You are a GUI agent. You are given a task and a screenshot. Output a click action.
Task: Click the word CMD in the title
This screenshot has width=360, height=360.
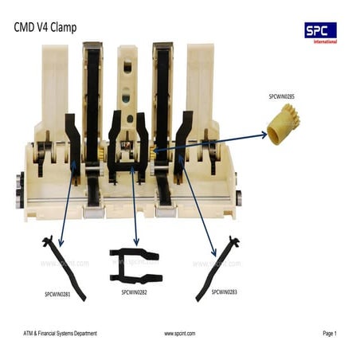click(x=25, y=28)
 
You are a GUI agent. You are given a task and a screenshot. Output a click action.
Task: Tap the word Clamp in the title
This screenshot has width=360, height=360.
click(x=63, y=28)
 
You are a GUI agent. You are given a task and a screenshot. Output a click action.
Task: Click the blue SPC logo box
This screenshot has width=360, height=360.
click(x=320, y=30)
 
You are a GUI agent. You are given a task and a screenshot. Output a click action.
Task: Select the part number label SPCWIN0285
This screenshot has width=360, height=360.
click(x=281, y=96)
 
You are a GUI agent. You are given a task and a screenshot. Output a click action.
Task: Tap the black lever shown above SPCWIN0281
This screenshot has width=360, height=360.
click(x=65, y=267)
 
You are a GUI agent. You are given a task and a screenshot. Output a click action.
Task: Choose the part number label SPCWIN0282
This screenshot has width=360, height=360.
click(x=137, y=292)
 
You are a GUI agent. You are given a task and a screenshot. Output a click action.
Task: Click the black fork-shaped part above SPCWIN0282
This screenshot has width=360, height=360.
click(x=135, y=265)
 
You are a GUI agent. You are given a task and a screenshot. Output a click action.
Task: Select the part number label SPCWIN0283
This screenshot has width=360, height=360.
click(x=224, y=292)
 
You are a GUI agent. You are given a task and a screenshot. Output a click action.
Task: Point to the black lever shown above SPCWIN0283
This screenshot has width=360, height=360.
click(x=219, y=267)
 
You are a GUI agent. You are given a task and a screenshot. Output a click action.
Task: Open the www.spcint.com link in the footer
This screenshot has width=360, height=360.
click(x=179, y=333)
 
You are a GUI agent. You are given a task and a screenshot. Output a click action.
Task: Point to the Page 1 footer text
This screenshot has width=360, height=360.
click(x=330, y=333)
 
